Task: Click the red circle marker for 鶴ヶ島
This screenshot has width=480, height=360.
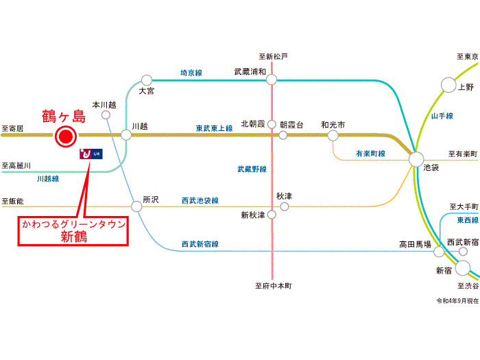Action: coord(65,138)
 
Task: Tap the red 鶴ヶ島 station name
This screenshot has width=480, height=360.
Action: coord(64,115)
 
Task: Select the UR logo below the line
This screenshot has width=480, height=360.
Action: coord(91,155)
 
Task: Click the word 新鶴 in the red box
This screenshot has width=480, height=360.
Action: coord(73,237)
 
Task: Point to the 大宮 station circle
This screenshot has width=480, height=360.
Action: coord(146,80)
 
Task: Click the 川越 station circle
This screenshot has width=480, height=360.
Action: coord(126,135)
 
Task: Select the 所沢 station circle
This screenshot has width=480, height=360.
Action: coord(136,206)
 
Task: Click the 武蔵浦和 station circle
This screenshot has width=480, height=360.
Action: coord(272,80)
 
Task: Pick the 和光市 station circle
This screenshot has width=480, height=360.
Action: coord(333,136)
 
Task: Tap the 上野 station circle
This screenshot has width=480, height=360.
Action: coord(448,85)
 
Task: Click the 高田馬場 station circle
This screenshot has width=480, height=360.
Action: coord(438,252)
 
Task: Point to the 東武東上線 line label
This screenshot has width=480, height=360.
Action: coord(214,127)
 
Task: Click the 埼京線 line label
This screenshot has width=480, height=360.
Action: coord(191,72)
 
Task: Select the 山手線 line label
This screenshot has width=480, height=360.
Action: coord(443,117)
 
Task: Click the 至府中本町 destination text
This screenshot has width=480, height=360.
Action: coord(273,287)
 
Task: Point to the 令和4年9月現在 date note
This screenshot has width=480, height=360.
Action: coord(455,300)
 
